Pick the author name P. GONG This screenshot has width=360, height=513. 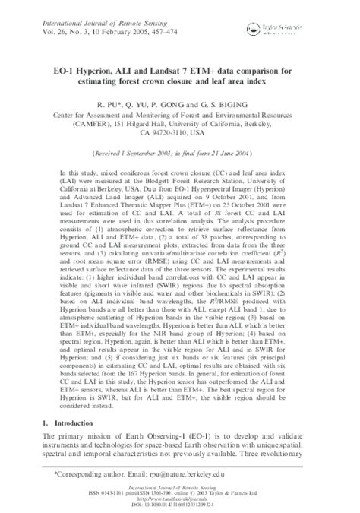tap(185, 98)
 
